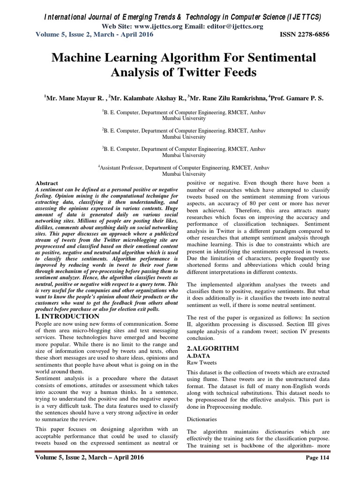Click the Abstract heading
click(47, 183)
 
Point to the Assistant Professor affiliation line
click(180, 166)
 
